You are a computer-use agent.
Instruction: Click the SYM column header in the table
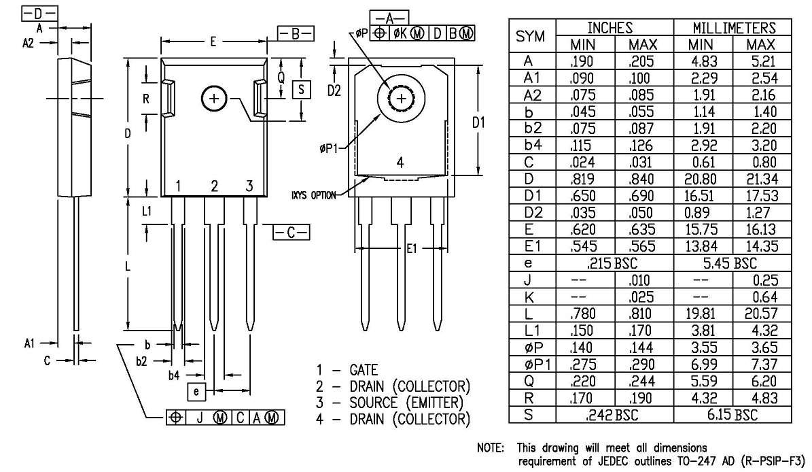(x=531, y=37)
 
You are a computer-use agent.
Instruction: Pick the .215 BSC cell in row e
(x=614, y=263)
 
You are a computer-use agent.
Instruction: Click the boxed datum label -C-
(x=290, y=233)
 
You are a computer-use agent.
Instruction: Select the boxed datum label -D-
(x=40, y=14)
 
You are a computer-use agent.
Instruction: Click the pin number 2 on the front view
(x=214, y=186)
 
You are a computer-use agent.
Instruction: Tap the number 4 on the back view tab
(x=400, y=163)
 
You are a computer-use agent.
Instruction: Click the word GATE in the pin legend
(x=364, y=371)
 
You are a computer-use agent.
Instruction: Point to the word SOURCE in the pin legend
(x=376, y=403)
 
